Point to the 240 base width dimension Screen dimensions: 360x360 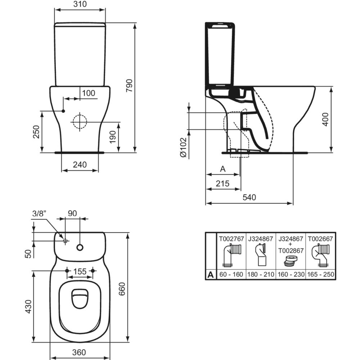click(x=80, y=165)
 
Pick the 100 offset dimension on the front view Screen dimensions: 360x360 click(x=88, y=93)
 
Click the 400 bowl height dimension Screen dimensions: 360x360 click(x=325, y=119)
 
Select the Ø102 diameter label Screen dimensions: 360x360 click(x=183, y=147)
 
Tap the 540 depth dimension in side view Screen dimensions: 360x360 click(x=249, y=197)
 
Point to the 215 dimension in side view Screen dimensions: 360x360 click(x=223, y=183)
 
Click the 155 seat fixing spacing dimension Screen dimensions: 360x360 click(x=80, y=271)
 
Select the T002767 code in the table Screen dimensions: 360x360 click(x=231, y=238)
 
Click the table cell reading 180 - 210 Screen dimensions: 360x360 click(x=261, y=274)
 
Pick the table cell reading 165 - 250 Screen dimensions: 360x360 click(x=320, y=274)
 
